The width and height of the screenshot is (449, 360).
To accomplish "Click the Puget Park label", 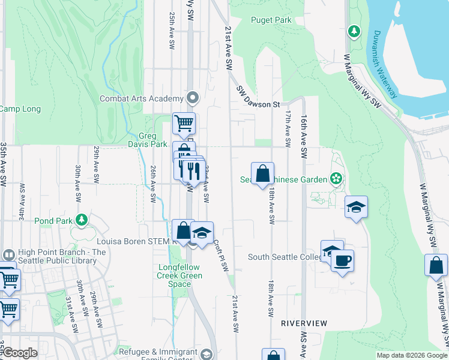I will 271,20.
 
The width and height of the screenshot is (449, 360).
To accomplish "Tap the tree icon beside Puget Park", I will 354,31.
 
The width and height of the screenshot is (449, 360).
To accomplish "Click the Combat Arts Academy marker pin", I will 193,97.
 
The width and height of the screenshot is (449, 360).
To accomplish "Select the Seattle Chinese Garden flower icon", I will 337,179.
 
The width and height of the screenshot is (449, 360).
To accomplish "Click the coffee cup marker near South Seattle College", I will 342,261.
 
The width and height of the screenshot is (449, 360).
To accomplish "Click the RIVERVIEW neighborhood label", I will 304,323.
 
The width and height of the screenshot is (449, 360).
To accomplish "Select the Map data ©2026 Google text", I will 411,355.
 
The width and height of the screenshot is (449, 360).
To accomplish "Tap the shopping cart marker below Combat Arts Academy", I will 184,124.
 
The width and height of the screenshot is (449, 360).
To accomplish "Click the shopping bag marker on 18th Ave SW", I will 262,173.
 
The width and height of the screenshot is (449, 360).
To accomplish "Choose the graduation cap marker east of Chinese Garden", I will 356,208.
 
